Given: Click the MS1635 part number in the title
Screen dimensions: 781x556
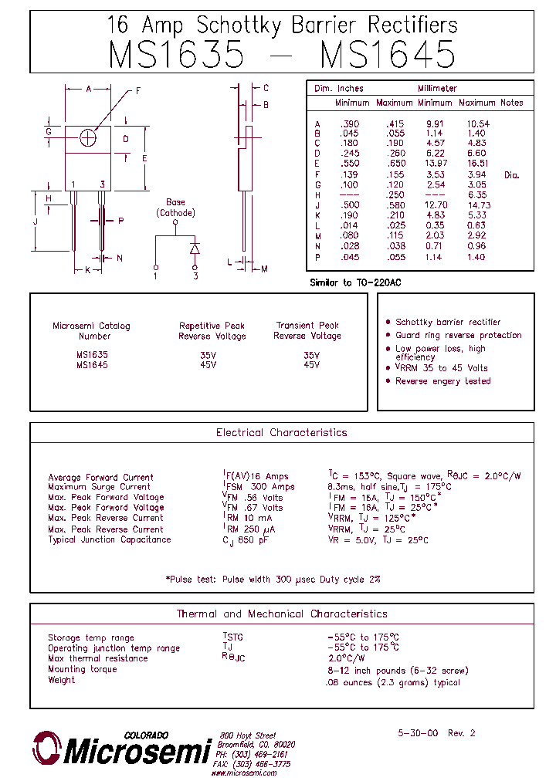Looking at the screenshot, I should tap(177, 55).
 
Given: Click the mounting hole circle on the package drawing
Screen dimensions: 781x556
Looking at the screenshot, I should tap(88, 137).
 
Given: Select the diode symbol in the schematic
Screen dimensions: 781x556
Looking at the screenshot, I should tap(195, 248).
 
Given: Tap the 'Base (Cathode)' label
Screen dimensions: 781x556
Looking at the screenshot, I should tap(176, 208).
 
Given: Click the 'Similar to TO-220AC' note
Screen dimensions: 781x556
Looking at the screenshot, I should tap(355, 283).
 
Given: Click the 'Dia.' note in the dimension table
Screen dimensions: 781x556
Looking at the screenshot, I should tap(512, 175).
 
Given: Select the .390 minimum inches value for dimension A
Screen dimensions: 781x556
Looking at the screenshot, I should tap(350, 124).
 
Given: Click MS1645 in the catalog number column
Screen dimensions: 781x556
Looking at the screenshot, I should tap(92, 365).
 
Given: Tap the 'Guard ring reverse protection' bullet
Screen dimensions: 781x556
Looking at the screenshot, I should tap(458, 335).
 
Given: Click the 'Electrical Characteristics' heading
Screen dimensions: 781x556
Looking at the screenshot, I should tap(281, 433).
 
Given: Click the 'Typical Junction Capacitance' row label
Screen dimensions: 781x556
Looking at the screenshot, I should tap(110, 539).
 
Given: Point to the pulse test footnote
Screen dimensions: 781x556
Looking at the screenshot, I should tap(273, 579).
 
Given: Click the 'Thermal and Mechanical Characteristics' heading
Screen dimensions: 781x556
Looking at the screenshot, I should tap(282, 614).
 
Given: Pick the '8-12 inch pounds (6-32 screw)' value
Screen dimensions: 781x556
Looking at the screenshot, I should tap(397, 671).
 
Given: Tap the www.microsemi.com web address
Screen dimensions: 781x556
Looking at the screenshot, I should tap(245, 773).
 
